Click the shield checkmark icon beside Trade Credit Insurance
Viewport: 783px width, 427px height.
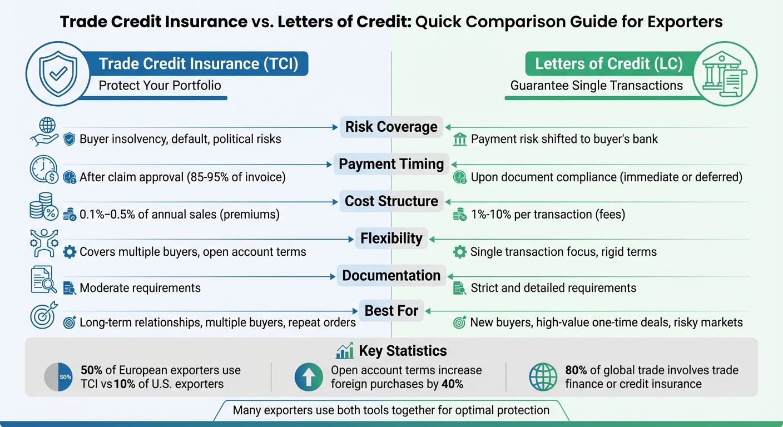pos(54,73)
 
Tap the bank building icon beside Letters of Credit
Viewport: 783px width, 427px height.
pos(729,74)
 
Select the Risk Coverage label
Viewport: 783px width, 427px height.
pos(391,127)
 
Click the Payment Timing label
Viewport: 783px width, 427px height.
pos(391,164)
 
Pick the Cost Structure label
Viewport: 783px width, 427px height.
pos(391,201)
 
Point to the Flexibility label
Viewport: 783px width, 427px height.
pos(391,239)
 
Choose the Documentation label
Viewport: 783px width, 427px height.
pos(391,276)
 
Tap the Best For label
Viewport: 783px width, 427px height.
pos(391,310)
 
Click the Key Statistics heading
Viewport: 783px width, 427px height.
pos(403,351)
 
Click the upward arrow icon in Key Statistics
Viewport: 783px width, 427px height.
pos(308,377)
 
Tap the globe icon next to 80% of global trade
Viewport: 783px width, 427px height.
pos(543,377)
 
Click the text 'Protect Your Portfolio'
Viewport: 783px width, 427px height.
pos(160,86)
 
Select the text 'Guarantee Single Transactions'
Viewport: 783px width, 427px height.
pos(597,86)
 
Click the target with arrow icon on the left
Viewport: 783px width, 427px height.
pos(44,315)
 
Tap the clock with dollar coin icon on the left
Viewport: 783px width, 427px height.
pos(44,170)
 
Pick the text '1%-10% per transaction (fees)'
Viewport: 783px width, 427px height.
pos(548,215)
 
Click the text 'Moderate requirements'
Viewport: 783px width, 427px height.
pos(140,288)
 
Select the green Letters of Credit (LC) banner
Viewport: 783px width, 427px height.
pos(608,64)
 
